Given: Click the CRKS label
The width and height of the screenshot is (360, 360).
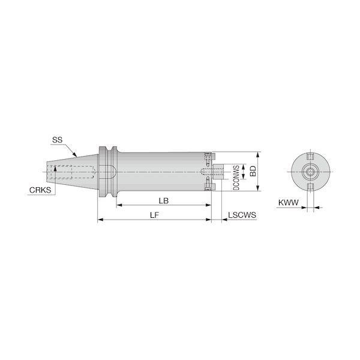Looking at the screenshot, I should pos(39,190).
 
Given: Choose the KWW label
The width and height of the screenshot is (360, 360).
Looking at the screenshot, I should pos(289,203).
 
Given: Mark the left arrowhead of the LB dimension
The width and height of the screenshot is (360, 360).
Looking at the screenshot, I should pos(118,206).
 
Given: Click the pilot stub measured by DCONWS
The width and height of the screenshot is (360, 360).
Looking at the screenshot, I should pos(219,171).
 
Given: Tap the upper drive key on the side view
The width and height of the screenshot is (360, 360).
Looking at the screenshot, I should pos(209,156).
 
